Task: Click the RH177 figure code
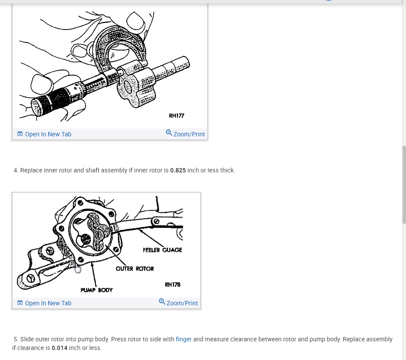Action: pyautogui.click(x=176, y=116)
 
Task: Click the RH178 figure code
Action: pyautogui.click(x=172, y=284)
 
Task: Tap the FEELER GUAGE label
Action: pyautogui.click(x=162, y=250)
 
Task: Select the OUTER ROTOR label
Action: pyautogui.click(x=135, y=268)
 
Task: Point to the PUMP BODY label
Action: pyautogui.click(x=96, y=290)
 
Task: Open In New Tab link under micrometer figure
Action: pyautogui.click(x=48, y=134)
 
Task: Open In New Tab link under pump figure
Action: pyautogui.click(x=48, y=303)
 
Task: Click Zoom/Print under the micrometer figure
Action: pyautogui.click(x=189, y=134)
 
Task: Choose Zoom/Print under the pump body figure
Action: pyautogui.click(x=182, y=303)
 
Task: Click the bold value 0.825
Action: pyautogui.click(x=178, y=170)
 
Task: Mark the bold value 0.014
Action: pyautogui.click(x=59, y=348)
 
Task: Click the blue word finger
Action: pyautogui.click(x=184, y=339)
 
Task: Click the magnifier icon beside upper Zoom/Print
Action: pyautogui.click(x=169, y=132)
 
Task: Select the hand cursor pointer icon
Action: pyautogui.click(x=78, y=269)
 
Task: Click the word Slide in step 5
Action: pyautogui.click(x=27, y=339)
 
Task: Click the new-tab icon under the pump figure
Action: pyautogui.click(x=20, y=303)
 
